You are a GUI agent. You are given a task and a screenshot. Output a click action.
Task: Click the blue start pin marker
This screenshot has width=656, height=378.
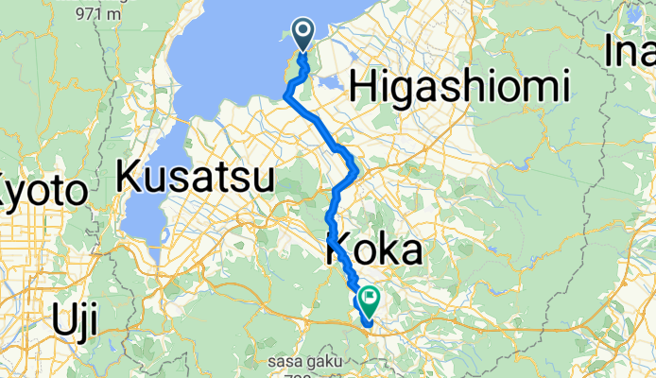pyautogui.click(x=303, y=34)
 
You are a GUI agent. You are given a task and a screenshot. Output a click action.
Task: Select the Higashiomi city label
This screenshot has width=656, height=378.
pyautogui.click(x=459, y=88)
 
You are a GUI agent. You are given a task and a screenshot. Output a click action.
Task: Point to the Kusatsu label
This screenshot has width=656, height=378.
pyautogui.click(x=196, y=177)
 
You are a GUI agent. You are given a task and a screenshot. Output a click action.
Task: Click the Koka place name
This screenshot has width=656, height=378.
pyautogui.click(x=374, y=250)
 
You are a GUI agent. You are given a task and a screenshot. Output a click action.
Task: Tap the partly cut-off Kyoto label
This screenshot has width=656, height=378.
pyautogui.click(x=43, y=192)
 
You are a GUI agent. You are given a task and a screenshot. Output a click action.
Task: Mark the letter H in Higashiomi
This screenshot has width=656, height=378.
pyautogui.click(x=364, y=88)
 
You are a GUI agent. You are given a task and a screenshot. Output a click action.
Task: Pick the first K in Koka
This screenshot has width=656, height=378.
pyautogui.click(x=340, y=250)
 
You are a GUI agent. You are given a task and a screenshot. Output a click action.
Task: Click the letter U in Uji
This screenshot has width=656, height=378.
pyautogui.click(x=62, y=322)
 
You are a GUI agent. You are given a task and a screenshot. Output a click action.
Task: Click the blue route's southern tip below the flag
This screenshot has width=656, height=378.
pyautogui.click(x=368, y=325)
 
